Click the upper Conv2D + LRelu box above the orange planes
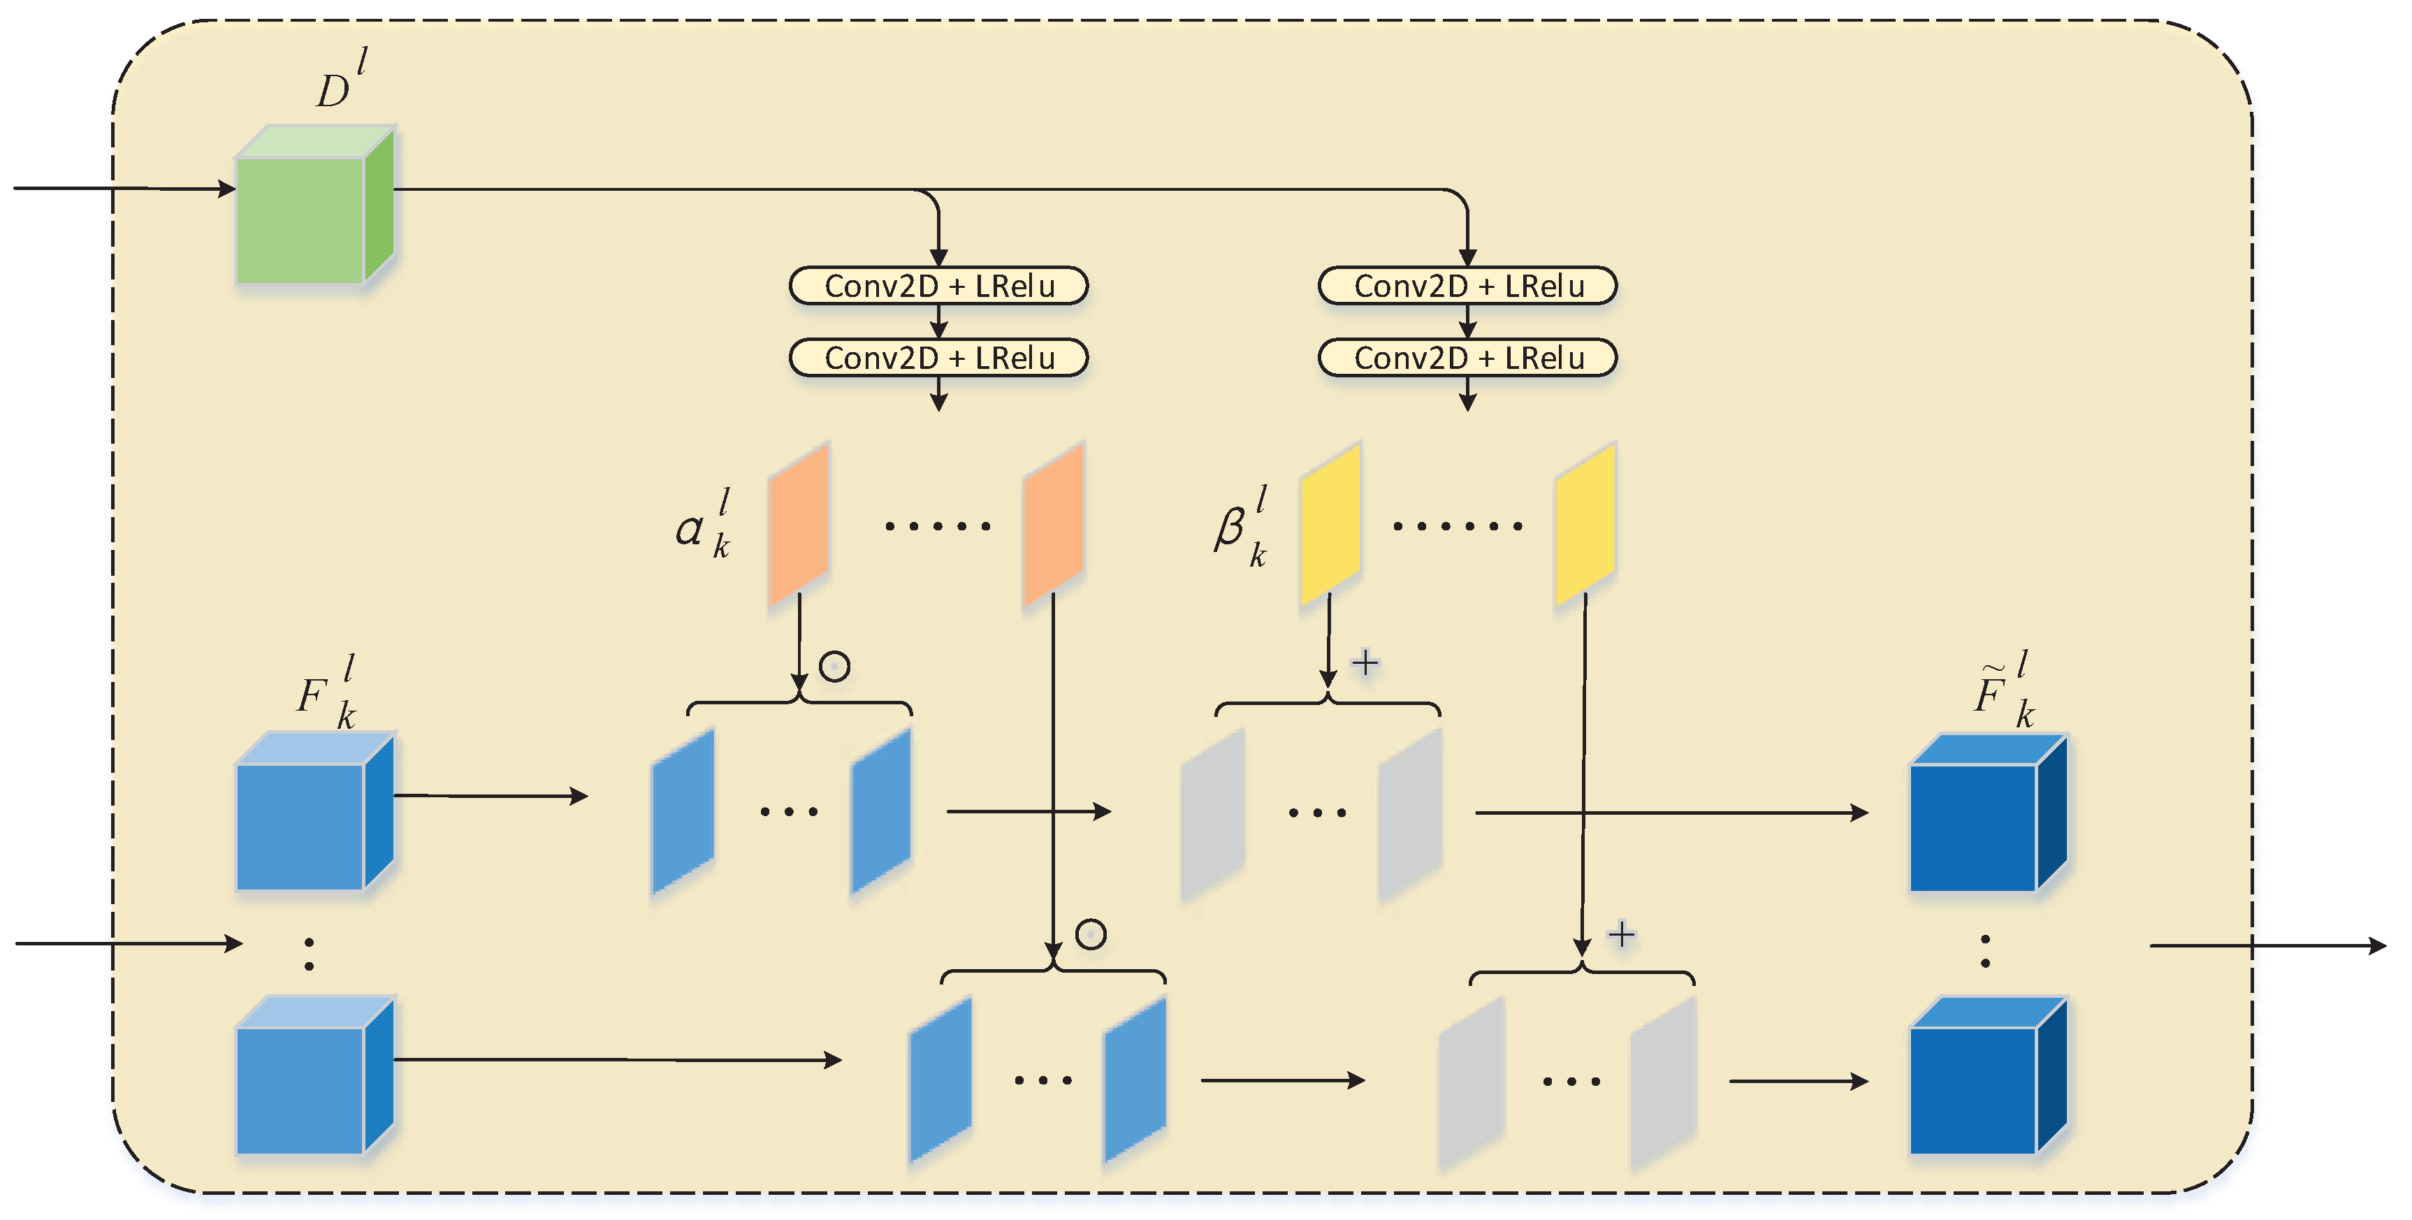coord(938,286)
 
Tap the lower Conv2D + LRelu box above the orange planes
coord(938,358)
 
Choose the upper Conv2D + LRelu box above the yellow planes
coord(1467,286)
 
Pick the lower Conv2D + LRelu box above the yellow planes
coord(1467,358)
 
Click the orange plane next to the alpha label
coord(799,523)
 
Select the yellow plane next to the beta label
coord(1330,523)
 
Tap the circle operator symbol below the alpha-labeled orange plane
coord(834,667)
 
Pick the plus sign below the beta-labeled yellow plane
coord(1365,663)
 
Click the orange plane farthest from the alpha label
coord(1054,523)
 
